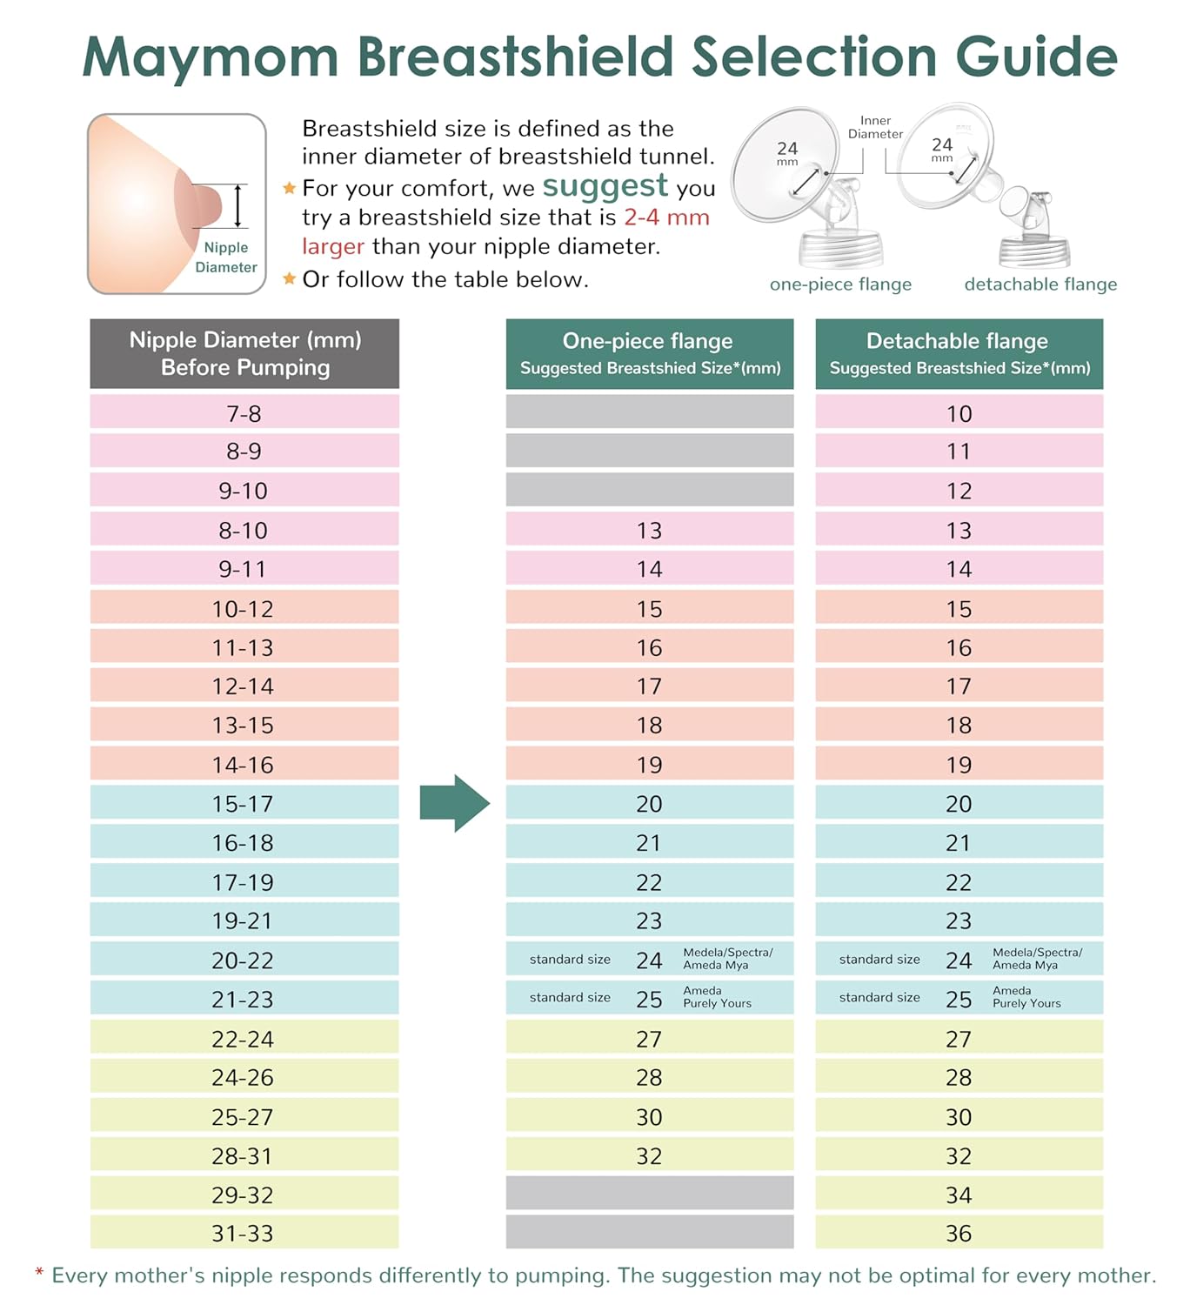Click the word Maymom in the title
211,57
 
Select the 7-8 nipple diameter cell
244,413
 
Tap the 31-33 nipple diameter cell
244,1233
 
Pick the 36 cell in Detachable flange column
959,1233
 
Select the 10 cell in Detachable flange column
959,413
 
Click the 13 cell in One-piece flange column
649,530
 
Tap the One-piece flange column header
649,353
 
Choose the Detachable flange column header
959,353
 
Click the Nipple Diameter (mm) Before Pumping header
244,353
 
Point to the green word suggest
605,185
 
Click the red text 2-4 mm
666,217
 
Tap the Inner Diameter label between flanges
875,127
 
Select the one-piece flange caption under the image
840,284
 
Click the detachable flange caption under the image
1040,284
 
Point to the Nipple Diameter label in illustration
226,258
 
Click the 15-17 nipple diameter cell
244,803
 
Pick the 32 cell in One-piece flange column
649,1155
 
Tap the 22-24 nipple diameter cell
244,1039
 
